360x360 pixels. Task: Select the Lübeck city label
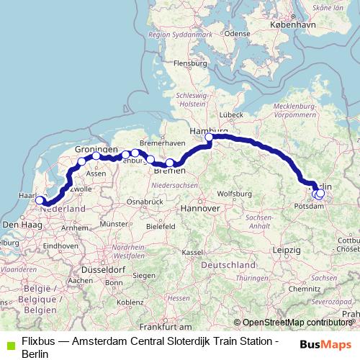pos(231,114)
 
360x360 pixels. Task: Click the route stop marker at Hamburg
pos(210,138)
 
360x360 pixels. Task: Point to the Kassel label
pos(192,252)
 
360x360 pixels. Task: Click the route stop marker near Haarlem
pos(40,202)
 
